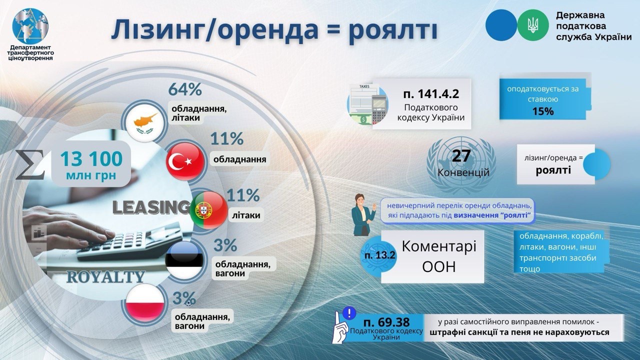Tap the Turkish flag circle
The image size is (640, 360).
click(x=185, y=161)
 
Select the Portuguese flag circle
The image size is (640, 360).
click(x=208, y=210)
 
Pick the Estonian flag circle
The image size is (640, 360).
click(x=184, y=260)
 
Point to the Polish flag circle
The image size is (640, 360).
click(x=145, y=303)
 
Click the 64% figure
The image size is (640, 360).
click(x=185, y=89)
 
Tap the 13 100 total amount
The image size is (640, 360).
click(x=91, y=159)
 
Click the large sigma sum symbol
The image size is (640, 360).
click(x=30, y=165)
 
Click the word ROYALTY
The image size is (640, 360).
click(x=106, y=277)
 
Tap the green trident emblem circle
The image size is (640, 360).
click(x=533, y=25)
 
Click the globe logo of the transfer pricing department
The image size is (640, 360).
click(x=30, y=26)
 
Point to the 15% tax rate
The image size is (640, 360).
click(x=543, y=111)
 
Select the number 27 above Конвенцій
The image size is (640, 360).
click(x=461, y=155)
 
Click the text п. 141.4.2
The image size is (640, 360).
click(x=431, y=93)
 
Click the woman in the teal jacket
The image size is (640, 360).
click(x=363, y=215)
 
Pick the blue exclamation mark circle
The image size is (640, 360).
click(x=349, y=313)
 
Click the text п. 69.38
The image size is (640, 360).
click(x=386, y=322)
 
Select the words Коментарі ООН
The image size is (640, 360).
click(x=439, y=256)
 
